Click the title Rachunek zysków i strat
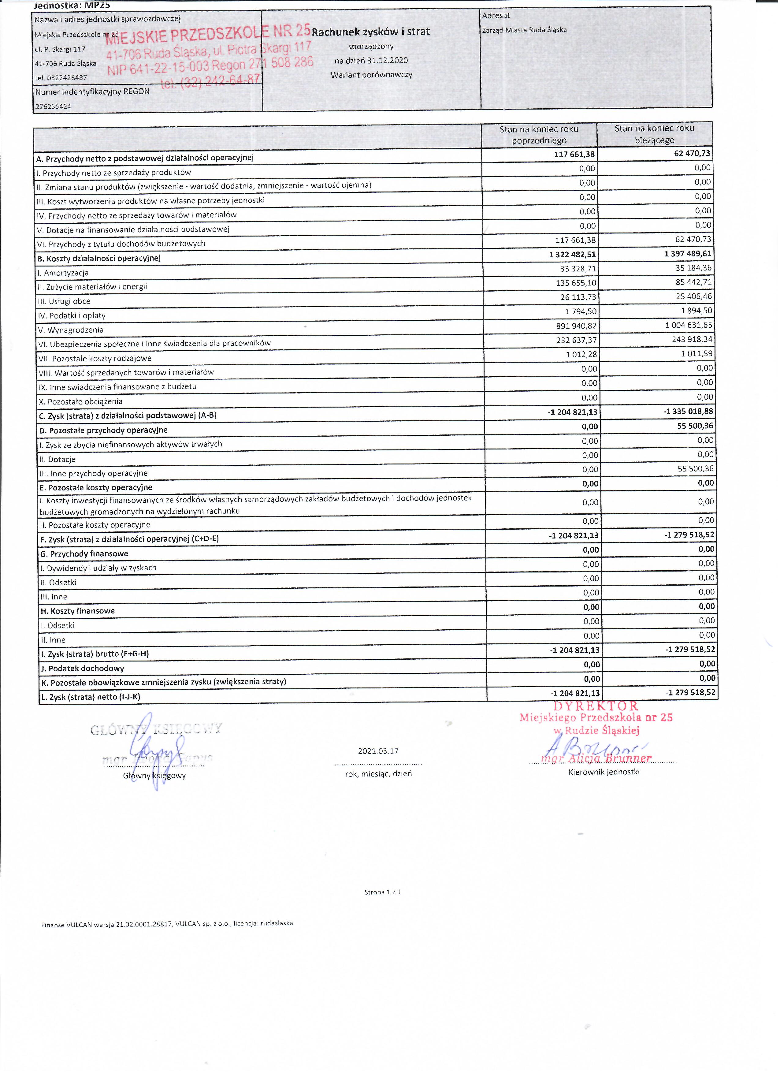pos(370,32)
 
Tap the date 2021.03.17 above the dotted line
pos(378,751)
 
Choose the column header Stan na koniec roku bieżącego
pos(654,134)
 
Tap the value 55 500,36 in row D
pos(695,426)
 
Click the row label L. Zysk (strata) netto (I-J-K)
pos(90,697)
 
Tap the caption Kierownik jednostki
pos(604,772)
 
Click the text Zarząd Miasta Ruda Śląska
pos(524,30)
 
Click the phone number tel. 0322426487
pos(61,78)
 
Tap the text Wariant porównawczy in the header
pos(371,75)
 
